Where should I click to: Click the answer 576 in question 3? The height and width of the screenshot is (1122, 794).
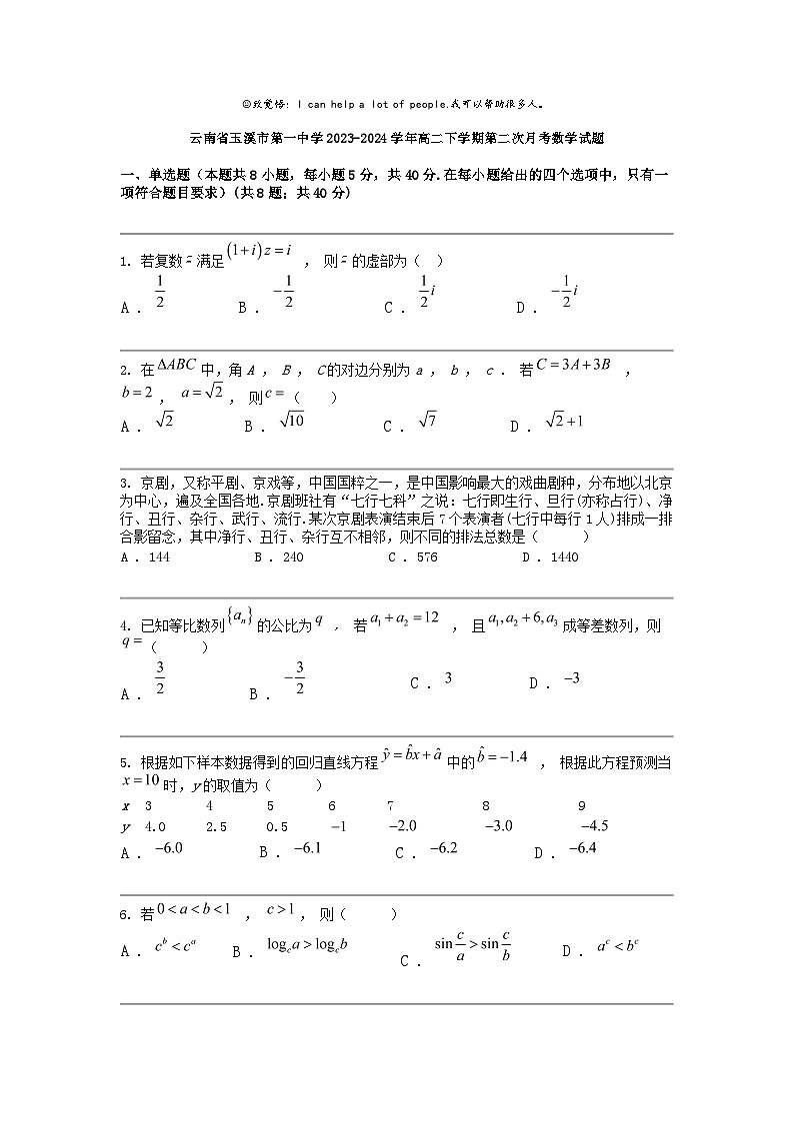pyautogui.click(x=426, y=558)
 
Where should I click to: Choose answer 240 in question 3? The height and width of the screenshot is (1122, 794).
pyautogui.click(x=292, y=558)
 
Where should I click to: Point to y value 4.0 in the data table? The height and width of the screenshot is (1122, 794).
pyautogui.click(x=155, y=826)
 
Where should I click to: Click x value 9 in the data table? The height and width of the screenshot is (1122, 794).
pyautogui.click(x=582, y=805)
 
